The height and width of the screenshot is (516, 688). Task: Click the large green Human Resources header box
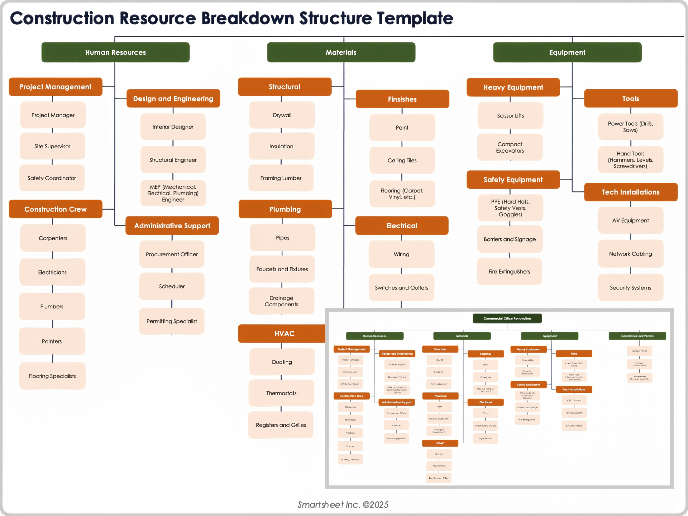115,52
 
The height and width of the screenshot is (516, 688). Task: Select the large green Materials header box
341,52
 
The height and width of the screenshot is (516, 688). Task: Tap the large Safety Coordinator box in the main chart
52,178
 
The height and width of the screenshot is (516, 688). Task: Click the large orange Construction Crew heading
56,209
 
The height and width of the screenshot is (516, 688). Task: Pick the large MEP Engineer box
173,193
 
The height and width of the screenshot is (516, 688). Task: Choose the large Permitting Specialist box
172,321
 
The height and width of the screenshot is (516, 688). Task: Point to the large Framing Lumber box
281,178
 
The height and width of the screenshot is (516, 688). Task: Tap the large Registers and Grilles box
281,425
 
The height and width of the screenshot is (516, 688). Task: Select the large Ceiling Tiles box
402,161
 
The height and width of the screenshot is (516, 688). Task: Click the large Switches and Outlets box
401,288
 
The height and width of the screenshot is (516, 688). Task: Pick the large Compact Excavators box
510,147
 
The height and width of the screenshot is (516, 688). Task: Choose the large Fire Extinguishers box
509,272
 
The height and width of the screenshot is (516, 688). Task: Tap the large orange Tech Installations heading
631,192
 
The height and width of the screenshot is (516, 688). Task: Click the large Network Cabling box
631,254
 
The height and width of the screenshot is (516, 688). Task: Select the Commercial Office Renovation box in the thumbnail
507,318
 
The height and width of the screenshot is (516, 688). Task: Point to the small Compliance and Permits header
637,336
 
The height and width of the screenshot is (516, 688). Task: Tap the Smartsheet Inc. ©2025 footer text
343,505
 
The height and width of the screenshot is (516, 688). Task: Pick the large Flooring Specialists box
52,376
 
